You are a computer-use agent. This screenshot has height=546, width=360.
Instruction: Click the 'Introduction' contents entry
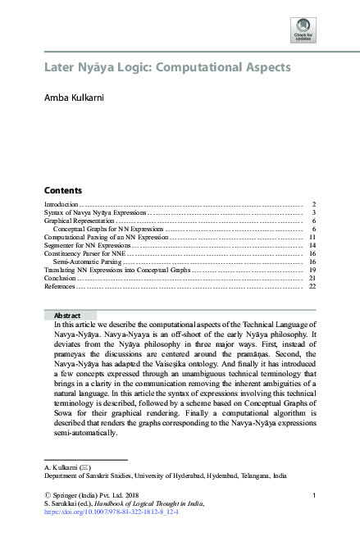point(61,203)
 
